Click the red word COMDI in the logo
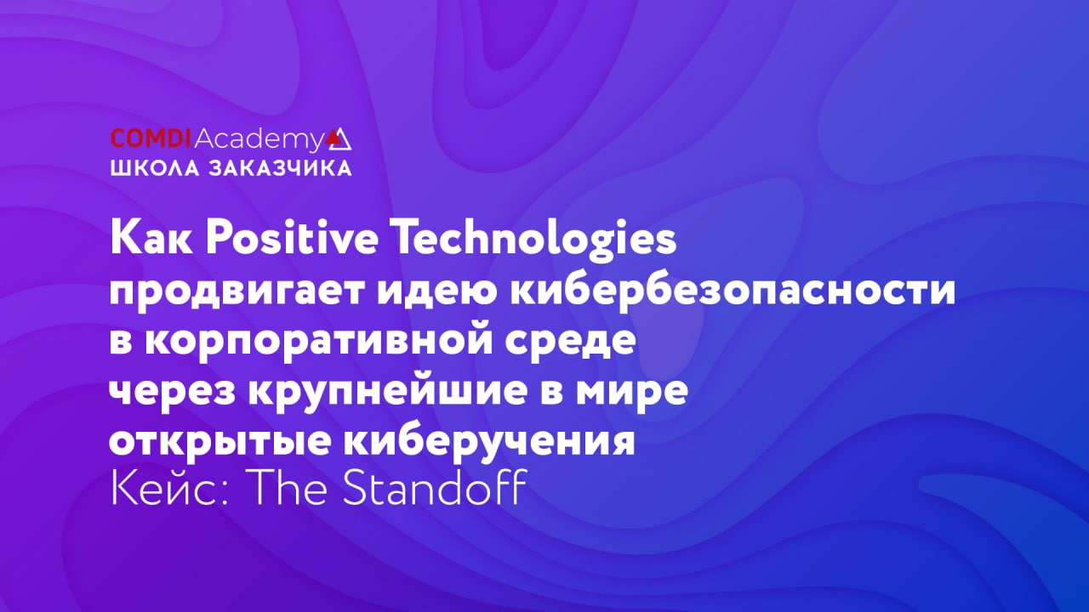pyautogui.click(x=151, y=139)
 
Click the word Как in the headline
pyautogui.click(x=151, y=239)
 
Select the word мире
pyautogui.click(x=632, y=393)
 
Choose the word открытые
pyautogui.click(x=220, y=443)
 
